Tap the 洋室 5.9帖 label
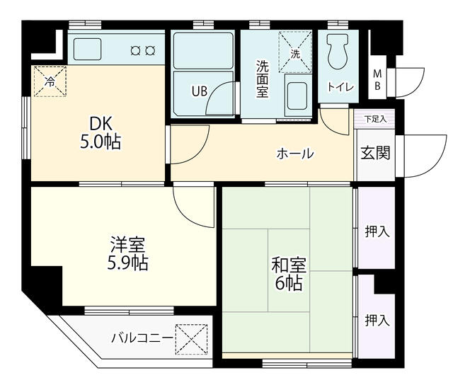pos(127,255)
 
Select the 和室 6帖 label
pos(288,275)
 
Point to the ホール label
pos(294,154)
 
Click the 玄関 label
pos(375,154)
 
